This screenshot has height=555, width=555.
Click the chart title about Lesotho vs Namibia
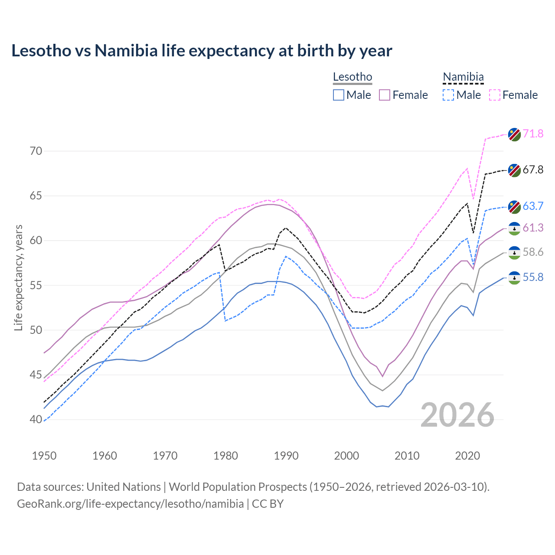click(x=202, y=51)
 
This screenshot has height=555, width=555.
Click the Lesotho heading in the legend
click(x=353, y=77)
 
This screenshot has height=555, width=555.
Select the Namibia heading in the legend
click(x=463, y=77)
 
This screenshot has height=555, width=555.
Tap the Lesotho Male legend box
click(x=339, y=95)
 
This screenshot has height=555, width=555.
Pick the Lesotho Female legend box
click(x=385, y=95)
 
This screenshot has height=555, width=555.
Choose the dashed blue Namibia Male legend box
click(x=448, y=95)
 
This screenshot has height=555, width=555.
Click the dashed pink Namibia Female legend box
click(x=495, y=95)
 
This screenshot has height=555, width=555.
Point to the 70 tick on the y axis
click(x=36, y=151)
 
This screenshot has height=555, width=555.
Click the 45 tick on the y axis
click(x=36, y=375)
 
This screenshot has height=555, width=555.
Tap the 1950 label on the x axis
click(x=44, y=456)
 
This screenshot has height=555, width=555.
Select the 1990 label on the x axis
click(x=286, y=456)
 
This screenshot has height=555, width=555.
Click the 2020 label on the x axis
click(x=467, y=456)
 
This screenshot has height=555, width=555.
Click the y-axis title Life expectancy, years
click(x=18, y=277)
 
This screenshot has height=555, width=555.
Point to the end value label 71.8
click(x=533, y=134)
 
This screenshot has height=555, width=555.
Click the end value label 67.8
click(x=533, y=170)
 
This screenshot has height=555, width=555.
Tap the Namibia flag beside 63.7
click(x=514, y=207)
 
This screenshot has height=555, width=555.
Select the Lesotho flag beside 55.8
click(x=514, y=278)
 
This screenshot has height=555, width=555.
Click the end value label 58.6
click(x=533, y=252)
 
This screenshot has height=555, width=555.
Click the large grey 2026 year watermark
click(x=457, y=415)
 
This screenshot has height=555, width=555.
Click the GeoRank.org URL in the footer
click(x=130, y=504)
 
